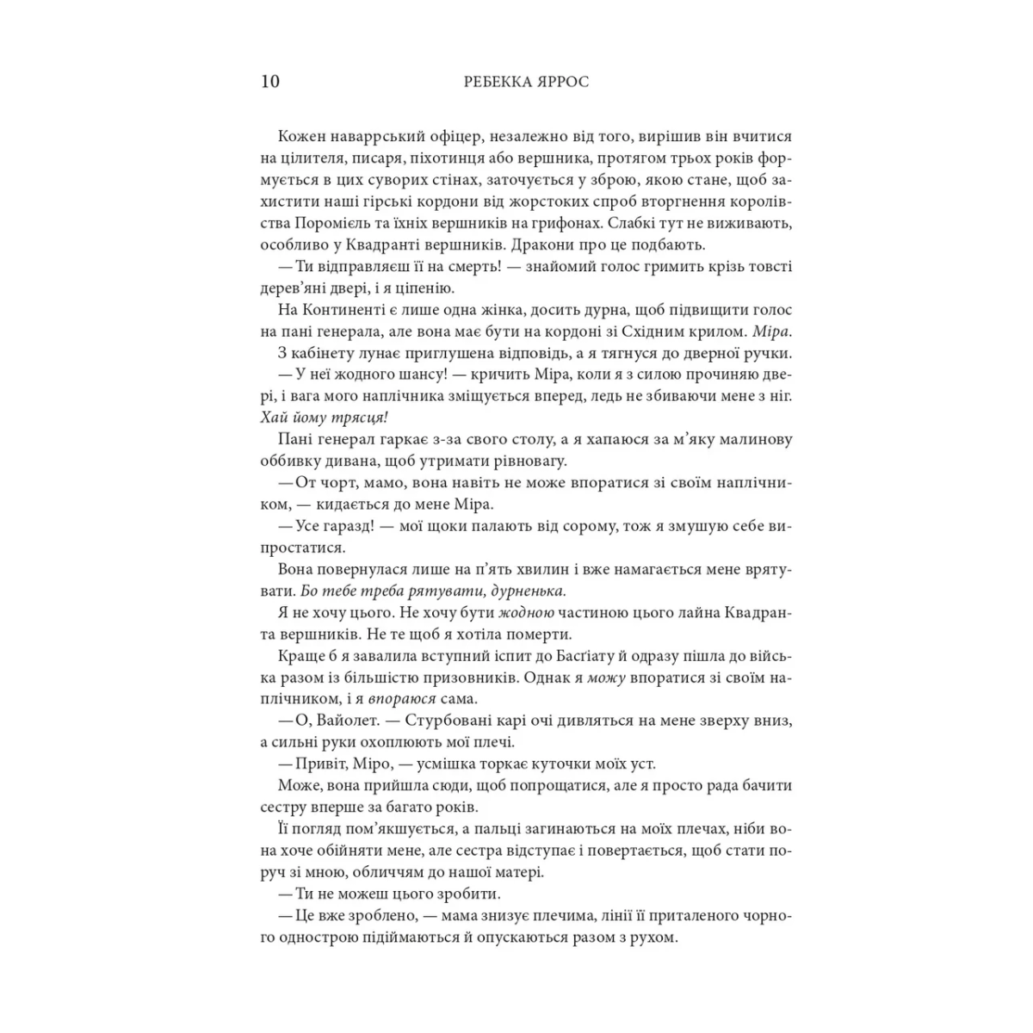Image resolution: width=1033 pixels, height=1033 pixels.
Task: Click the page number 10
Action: click(x=269, y=82)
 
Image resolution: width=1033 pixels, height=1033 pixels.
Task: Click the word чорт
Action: click(x=337, y=482)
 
